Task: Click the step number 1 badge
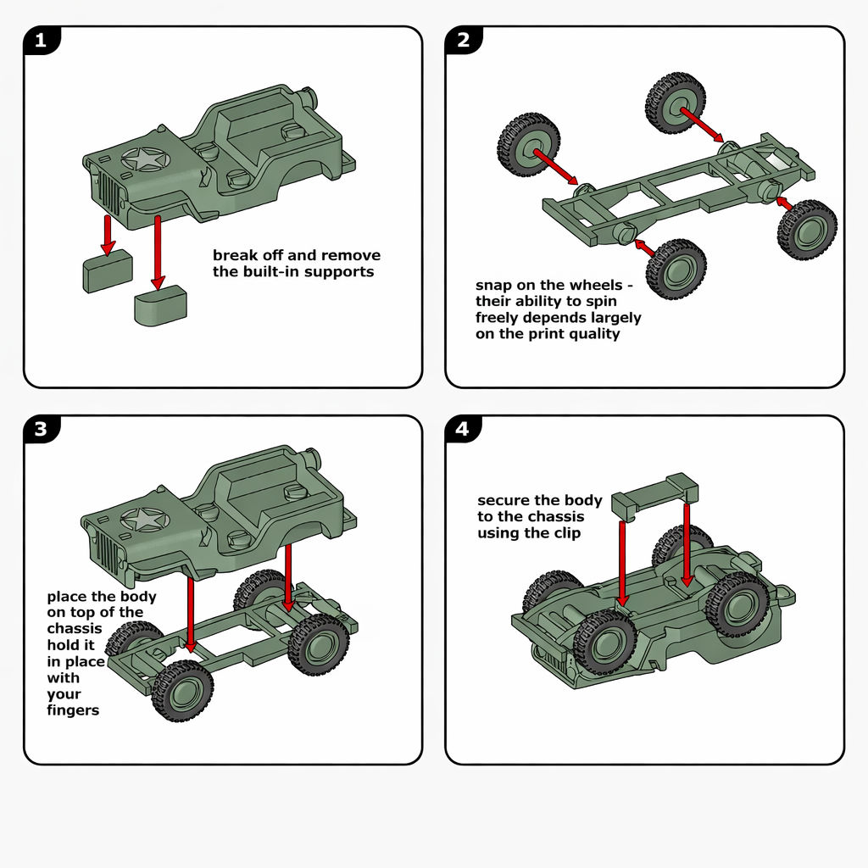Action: tap(40, 40)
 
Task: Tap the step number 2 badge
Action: tap(463, 40)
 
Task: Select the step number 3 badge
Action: tap(40, 429)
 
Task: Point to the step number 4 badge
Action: tap(462, 429)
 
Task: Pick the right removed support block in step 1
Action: tap(160, 304)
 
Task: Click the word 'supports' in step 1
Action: tap(338, 272)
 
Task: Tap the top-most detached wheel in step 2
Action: tap(676, 103)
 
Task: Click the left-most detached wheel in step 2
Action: tap(528, 145)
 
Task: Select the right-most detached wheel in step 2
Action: tap(808, 230)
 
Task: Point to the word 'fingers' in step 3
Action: tap(73, 710)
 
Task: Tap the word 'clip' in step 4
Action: tap(565, 533)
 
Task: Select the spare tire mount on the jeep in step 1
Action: tap(307, 94)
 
